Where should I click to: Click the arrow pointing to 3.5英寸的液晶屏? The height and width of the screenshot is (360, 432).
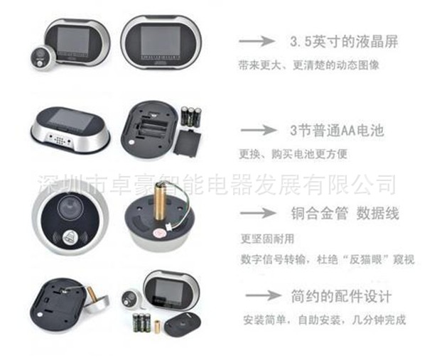pos(256,41)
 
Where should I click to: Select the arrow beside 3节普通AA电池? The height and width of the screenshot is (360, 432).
pos(259,130)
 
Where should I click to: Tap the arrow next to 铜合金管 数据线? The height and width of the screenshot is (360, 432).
pos(258,213)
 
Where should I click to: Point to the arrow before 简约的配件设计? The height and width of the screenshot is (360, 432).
pos(263,295)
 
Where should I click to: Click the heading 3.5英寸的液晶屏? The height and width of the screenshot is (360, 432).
pos(344,42)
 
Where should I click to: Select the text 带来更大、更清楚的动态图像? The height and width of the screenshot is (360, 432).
pos(309,65)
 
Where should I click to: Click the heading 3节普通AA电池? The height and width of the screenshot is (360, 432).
pos(337,130)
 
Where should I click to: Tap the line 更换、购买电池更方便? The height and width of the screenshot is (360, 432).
pos(293,154)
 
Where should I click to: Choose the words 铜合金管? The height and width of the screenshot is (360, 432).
pos(320,214)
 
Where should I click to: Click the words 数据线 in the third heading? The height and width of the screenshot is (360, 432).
pos(378,214)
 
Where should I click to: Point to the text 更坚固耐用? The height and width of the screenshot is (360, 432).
pos(267,239)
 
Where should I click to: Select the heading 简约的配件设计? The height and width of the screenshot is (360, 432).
pos(341,296)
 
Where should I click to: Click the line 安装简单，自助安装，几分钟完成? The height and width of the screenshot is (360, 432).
pos(325,320)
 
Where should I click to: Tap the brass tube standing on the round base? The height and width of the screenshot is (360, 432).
pos(159,202)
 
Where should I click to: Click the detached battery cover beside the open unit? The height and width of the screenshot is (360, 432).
pos(188,143)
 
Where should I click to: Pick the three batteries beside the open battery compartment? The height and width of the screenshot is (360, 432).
pos(191,116)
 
